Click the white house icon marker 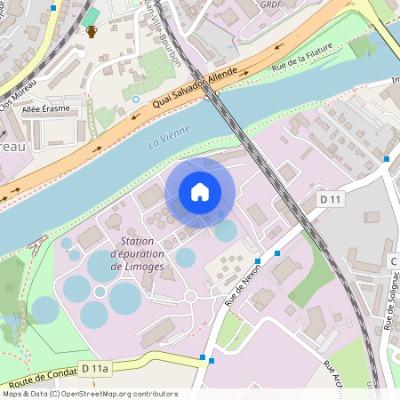click(x=200, y=192)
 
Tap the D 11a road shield click(x=94, y=367)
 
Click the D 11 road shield click(x=330, y=199)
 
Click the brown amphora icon click(x=91, y=32)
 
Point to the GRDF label click(x=272, y=4)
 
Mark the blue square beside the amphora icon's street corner click(x=54, y=7)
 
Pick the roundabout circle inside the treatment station click(x=189, y=296)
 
